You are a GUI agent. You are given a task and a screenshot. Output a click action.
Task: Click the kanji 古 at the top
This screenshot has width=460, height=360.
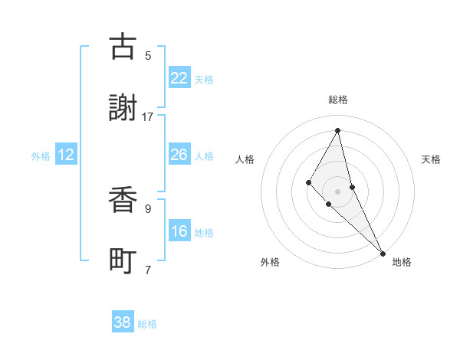pos(123,47)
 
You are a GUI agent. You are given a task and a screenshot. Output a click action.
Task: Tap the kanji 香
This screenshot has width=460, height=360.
pos(123,201)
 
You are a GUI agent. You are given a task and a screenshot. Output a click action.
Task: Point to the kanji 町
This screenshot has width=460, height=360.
pos(123,262)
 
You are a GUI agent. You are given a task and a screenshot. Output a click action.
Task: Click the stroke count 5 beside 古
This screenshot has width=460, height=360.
pos(148,55)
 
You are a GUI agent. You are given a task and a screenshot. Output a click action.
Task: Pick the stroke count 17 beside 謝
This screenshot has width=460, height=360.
pos(148,116)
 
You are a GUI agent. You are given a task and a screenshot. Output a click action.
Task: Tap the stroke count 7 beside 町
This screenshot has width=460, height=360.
pos(148,270)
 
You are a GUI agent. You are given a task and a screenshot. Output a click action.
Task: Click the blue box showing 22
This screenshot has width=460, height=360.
pos(179,78)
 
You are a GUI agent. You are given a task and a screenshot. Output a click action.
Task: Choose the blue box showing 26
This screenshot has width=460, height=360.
pos(179,155)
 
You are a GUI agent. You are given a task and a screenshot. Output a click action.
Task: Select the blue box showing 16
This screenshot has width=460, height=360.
pos(179,231)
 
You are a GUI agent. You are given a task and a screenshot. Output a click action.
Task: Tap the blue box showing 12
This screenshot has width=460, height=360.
pos(66,155)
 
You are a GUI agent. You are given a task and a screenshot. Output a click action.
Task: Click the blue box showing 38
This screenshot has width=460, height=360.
pos(123,322)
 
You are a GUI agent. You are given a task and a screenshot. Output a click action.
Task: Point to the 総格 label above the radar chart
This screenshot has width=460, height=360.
pos(338,100)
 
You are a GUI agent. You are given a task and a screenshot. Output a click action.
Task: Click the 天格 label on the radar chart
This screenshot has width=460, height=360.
pos(432,159)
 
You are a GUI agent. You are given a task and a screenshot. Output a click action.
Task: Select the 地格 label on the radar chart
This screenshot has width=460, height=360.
pos(402,262)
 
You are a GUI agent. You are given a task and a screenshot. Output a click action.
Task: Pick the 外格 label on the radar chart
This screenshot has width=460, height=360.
pos(270,262)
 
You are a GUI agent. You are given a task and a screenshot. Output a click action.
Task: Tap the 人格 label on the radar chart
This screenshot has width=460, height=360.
pos(245,159)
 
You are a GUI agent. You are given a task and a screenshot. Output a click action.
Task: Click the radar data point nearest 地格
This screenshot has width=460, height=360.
pos(383,252)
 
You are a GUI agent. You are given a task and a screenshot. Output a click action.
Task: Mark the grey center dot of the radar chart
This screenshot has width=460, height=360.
pos(338,191)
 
